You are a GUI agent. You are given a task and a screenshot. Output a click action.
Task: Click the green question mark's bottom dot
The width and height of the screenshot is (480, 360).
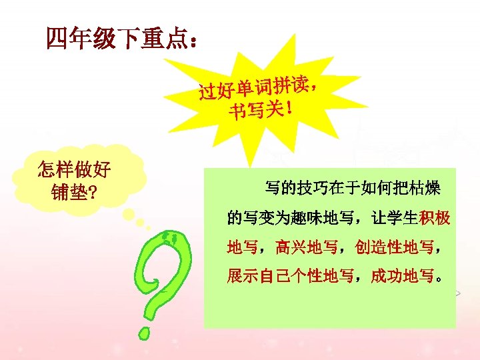(x=144, y=330)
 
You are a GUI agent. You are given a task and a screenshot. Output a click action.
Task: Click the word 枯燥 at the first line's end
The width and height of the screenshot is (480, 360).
(x=425, y=189)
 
